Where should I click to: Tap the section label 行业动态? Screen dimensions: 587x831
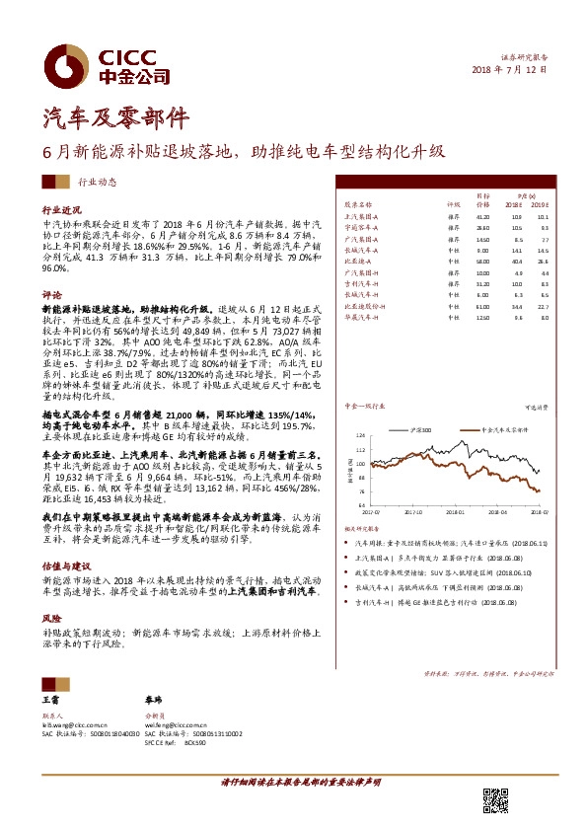click(x=97, y=184)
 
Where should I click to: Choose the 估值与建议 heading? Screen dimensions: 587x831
click(x=62, y=569)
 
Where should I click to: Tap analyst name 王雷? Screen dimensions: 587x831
click(x=52, y=699)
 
